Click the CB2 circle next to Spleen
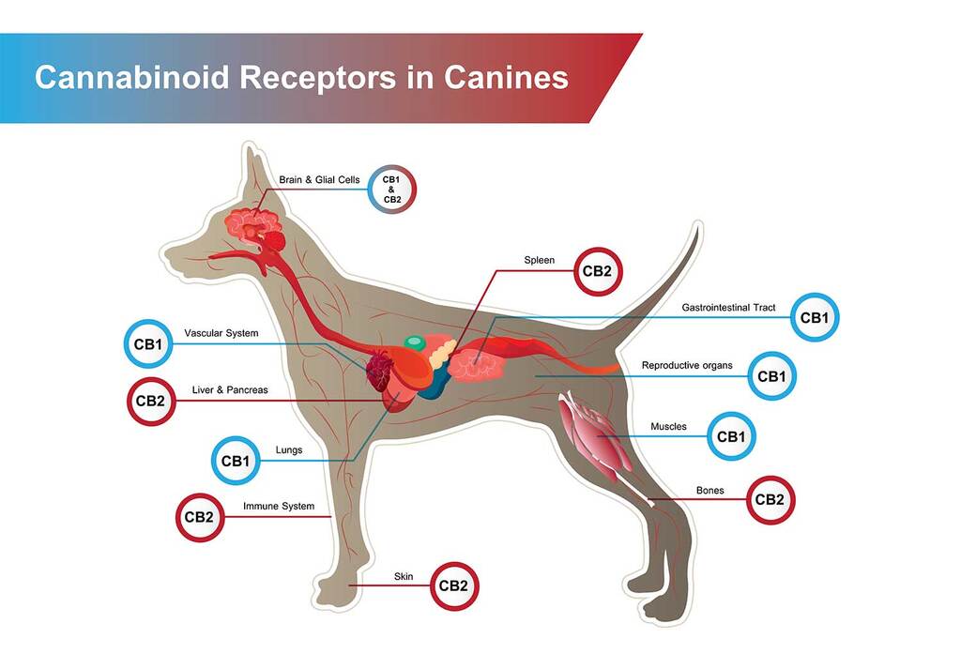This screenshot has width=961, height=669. [598, 271]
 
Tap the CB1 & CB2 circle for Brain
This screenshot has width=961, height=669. [391, 190]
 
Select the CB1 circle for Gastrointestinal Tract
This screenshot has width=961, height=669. [815, 317]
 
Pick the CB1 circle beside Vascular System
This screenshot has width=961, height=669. [148, 343]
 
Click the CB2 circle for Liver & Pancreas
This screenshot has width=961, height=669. [151, 402]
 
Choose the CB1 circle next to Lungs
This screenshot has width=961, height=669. [236, 461]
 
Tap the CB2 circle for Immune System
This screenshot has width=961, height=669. [200, 518]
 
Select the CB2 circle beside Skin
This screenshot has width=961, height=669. [453, 586]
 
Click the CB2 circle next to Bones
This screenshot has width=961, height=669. [770, 500]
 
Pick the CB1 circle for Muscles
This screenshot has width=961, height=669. [731, 436]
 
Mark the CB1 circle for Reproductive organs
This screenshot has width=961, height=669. [771, 376]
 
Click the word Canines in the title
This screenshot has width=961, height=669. [506, 78]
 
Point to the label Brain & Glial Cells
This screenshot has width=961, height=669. [319, 179]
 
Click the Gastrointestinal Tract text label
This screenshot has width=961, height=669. [728, 308]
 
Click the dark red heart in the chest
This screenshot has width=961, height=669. [379, 371]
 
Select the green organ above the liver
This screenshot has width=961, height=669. [414, 342]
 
